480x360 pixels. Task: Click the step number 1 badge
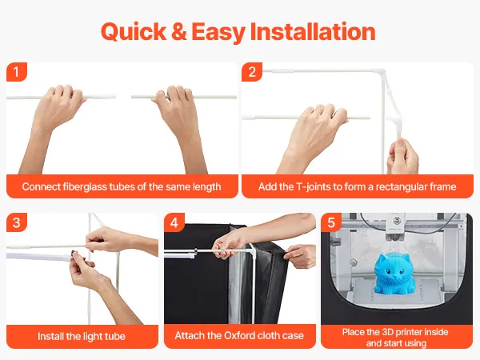(x=17, y=72)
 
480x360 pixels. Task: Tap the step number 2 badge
(x=252, y=72)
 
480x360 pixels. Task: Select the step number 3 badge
(x=17, y=222)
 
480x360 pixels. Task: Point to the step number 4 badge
(x=174, y=222)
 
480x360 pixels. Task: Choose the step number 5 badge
(x=331, y=222)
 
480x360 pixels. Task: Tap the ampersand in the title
(x=179, y=31)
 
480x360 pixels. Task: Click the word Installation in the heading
(x=313, y=31)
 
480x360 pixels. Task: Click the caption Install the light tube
(x=82, y=337)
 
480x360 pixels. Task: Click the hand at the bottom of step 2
(x=402, y=157)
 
